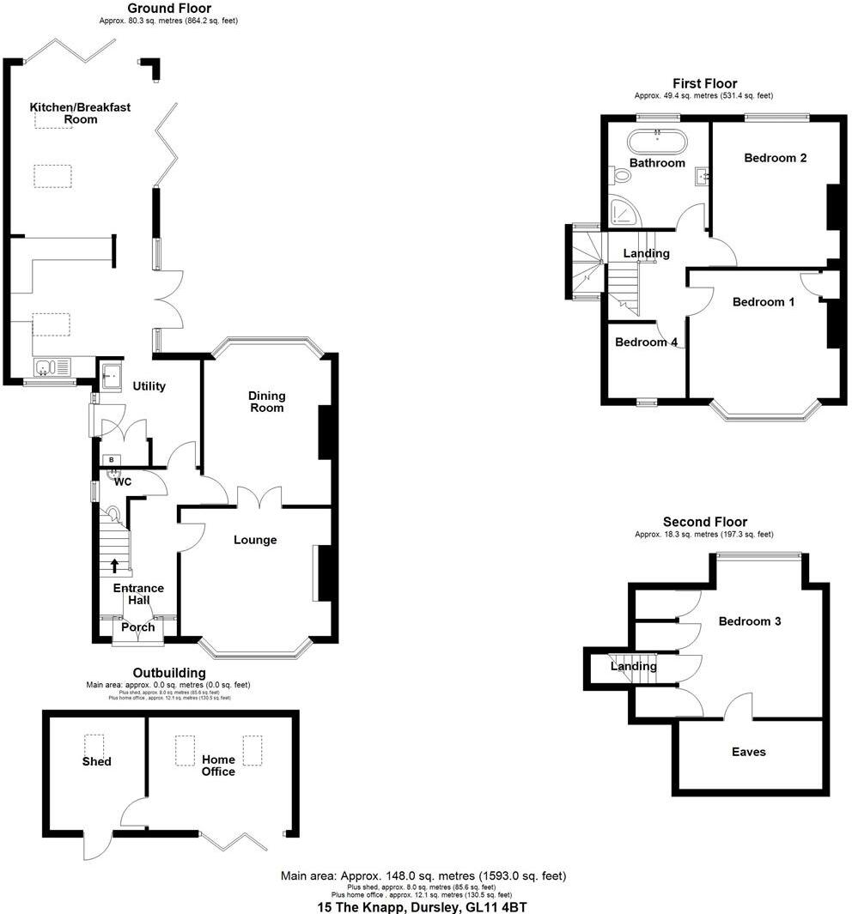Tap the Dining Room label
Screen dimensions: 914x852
coord(266,401)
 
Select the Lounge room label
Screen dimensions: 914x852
coord(256,540)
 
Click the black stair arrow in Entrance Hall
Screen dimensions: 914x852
coord(115,566)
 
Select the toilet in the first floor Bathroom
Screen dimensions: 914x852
coord(622,176)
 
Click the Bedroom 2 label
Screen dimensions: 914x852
coord(775,158)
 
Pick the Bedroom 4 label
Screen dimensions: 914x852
coord(646,342)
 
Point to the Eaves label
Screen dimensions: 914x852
coord(749,752)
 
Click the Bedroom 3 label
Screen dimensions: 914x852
coord(750,621)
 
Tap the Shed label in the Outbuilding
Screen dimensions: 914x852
coord(97,761)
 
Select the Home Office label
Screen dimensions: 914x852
coord(218,766)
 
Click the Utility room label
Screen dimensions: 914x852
coord(149,386)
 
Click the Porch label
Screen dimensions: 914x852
coord(137,627)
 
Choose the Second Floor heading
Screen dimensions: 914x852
coord(705,522)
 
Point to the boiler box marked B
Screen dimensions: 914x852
coord(112,460)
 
